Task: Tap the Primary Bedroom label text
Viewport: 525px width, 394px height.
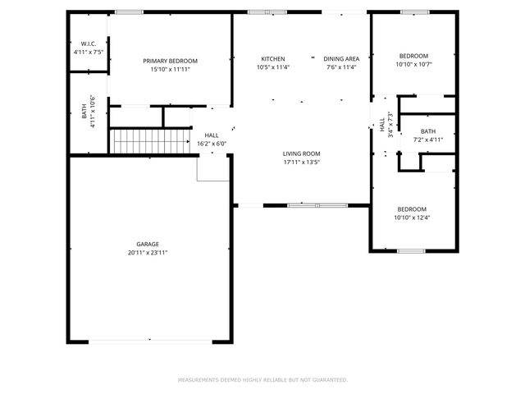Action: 170,61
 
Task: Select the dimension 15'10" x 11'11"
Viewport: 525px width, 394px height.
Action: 170,70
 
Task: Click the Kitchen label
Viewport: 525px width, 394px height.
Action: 273,59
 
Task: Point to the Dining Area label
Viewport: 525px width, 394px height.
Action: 341,59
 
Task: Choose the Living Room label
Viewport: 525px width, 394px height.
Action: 301,153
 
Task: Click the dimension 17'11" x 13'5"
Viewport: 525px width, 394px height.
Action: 301,163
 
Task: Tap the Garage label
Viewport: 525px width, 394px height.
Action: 148,244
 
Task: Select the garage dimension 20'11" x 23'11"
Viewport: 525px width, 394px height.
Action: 148,253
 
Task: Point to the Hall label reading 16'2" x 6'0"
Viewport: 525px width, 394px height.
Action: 211,140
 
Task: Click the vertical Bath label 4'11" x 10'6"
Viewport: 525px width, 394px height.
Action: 88,111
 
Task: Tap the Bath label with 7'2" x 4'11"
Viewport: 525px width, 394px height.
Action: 428,135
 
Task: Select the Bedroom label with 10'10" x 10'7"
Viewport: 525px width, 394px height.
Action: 413,60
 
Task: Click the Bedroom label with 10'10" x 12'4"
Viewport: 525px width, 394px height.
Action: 411,213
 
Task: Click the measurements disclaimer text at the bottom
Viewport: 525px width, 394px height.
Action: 262,380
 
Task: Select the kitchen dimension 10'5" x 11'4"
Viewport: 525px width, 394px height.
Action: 273,68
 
